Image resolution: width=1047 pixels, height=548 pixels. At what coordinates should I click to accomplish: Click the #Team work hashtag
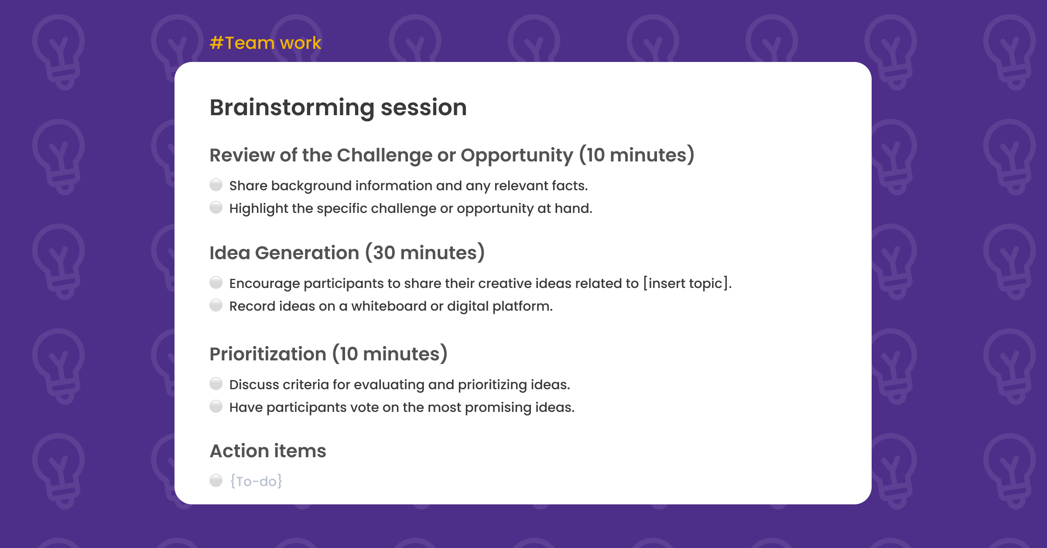[265, 43]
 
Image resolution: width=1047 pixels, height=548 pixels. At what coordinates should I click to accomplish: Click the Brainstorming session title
[338, 107]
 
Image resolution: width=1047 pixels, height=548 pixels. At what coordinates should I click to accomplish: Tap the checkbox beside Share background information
[216, 185]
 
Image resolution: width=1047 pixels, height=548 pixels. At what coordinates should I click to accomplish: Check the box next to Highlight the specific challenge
[216, 208]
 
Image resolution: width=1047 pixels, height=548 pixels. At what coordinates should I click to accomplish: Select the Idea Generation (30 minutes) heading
[347, 253]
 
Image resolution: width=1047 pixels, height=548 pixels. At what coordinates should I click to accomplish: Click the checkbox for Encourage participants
[216, 283]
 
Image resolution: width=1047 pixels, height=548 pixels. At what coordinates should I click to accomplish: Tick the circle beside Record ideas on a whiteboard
[216, 305]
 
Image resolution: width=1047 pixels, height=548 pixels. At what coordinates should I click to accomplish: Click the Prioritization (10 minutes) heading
[328, 354]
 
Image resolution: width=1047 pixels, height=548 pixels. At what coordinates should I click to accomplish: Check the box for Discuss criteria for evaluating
[216, 384]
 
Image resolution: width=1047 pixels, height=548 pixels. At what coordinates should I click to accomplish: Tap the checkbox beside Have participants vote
[216, 407]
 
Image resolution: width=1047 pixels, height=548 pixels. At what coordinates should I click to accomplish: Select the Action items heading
[268, 451]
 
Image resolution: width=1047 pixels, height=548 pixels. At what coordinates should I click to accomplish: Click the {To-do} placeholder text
[256, 481]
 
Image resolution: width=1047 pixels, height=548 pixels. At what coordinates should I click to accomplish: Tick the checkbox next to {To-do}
[216, 481]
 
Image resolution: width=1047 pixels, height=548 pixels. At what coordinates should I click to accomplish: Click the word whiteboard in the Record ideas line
[389, 306]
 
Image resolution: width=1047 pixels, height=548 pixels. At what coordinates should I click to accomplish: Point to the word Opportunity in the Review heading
[517, 155]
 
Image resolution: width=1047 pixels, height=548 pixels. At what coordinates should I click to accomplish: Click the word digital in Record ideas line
[467, 306]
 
